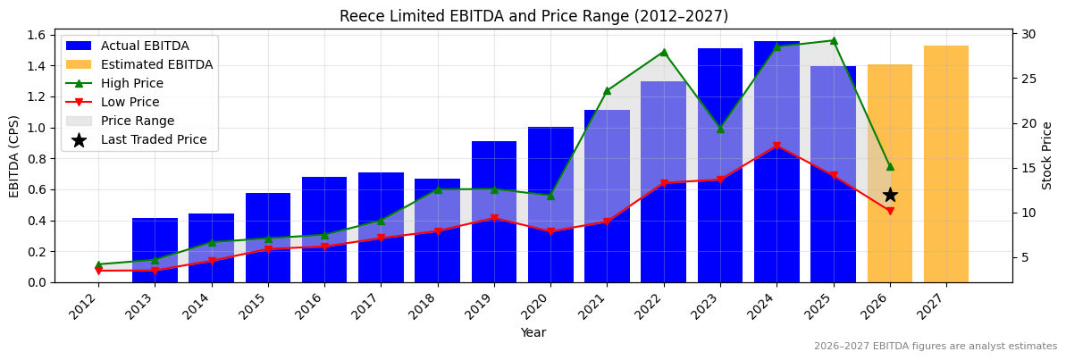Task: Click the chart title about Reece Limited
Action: (533, 16)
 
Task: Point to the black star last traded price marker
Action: (890, 195)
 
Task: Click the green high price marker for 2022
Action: (663, 52)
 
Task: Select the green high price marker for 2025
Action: (833, 40)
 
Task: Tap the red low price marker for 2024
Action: (776, 146)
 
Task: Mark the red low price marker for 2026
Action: (890, 212)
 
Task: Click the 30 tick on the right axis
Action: (1028, 34)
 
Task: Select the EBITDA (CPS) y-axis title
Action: (14, 155)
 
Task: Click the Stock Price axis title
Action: (1047, 155)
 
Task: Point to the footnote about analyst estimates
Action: (935, 347)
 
